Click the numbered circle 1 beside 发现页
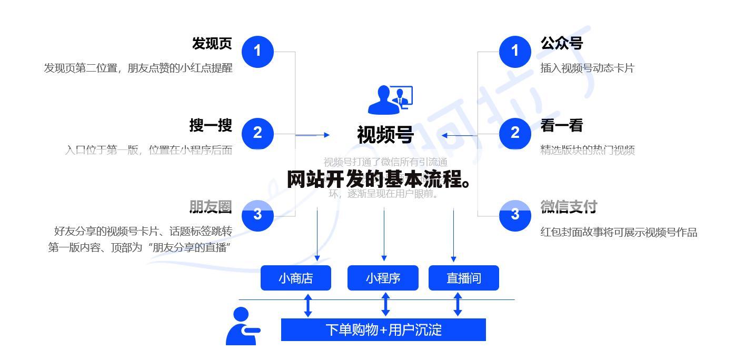coord(257,51)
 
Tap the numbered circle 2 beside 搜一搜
coord(257,133)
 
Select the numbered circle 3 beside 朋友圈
coord(257,215)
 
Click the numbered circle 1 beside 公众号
coord(515,51)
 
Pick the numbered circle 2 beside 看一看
coord(515,133)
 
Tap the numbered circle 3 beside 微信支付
coord(515,215)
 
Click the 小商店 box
coord(295,278)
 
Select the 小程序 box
coord(383,278)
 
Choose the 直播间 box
coord(463,278)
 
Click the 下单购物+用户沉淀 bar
coord(383,330)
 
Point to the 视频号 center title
coord(385,135)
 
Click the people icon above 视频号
coord(390,100)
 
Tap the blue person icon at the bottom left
coord(242,327)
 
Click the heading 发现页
coord(212,43)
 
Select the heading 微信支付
coord(569,207)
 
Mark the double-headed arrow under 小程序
coord(385,305)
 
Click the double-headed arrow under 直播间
coord(458,305)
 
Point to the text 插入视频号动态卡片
coord(587,68)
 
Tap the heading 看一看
coord(561,125)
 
